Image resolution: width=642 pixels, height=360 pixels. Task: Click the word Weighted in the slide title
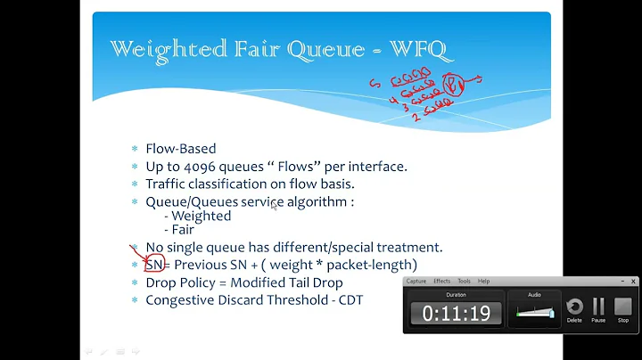tap(157, 51)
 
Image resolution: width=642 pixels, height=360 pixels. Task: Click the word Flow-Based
tap(180, 150)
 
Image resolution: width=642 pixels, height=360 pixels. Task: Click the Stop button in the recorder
tap(622, 309)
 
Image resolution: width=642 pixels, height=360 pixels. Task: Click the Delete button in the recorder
tap(574, 309)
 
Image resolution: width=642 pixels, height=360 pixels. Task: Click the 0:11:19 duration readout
tap(455, 313)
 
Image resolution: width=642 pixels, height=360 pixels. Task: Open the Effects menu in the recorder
tap(442, 281)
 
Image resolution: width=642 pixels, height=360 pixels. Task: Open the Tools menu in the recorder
tap(465, 281)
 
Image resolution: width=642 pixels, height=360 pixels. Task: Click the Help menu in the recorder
tap(484, 281)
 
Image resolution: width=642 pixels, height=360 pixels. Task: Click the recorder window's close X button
tap(633, 281)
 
